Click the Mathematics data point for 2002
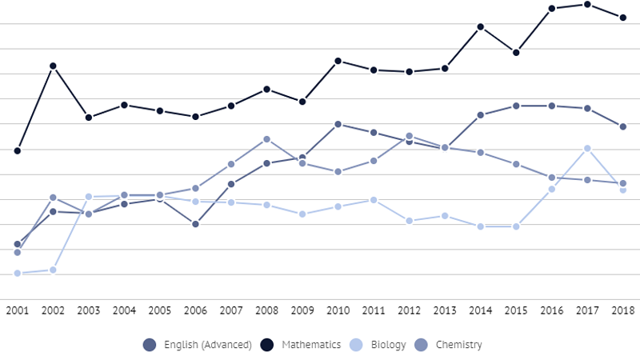53,66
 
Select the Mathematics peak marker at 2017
587,5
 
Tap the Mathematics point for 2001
18,150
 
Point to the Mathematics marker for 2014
480,27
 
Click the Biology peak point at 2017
587,148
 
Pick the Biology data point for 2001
18,274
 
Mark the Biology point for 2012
409,221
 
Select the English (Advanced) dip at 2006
195,224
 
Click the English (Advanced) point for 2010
338,124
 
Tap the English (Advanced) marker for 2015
516,106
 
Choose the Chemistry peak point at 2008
266,139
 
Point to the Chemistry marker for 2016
551,178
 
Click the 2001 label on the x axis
18,310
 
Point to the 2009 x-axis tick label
302,310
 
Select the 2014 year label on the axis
480,310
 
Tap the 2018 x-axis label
622,310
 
